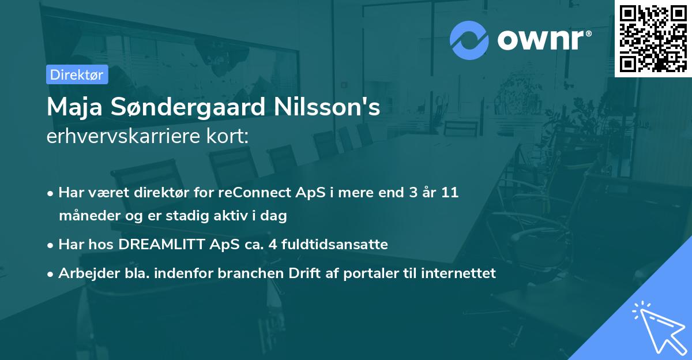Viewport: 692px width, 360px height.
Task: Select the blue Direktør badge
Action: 77,74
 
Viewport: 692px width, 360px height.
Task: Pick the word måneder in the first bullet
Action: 86,216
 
